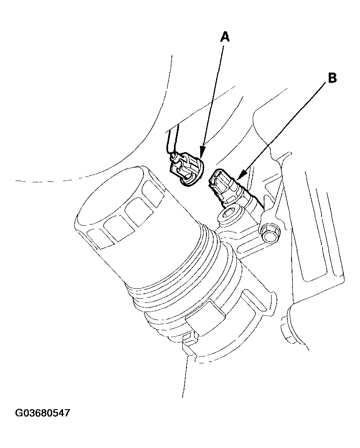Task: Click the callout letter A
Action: (225, 37)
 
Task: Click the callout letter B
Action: (332, 78)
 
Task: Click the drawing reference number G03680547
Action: (43, 413)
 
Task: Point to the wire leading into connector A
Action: (169, 142)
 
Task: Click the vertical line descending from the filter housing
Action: (184, 375)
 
